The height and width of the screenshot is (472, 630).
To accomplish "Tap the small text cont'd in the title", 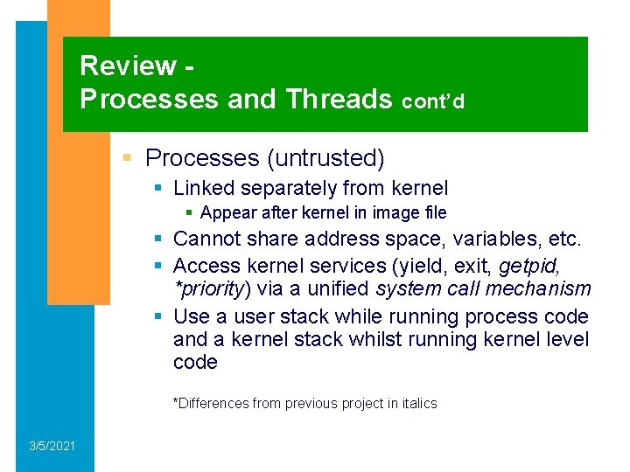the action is (433, 101).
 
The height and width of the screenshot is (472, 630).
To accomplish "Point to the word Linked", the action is (204, 188).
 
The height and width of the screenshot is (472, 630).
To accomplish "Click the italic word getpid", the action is (530, 264).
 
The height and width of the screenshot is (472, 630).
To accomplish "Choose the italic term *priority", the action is (209, 289).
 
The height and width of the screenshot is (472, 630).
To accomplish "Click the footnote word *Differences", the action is (211, 404).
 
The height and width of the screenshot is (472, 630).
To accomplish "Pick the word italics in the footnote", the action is (416, 404).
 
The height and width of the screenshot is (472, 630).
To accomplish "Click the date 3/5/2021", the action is (52, 447).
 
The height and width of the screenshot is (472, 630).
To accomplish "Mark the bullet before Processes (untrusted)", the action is (127, 158).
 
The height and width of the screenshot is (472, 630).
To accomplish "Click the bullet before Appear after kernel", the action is (189, 213).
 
